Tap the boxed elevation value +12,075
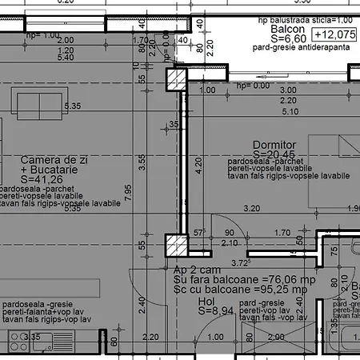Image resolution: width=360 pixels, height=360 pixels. (x=334, y=35)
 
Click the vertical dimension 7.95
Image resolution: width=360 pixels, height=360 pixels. (x=127, y=188)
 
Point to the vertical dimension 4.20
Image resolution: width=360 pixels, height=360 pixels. (x=198, y=166)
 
